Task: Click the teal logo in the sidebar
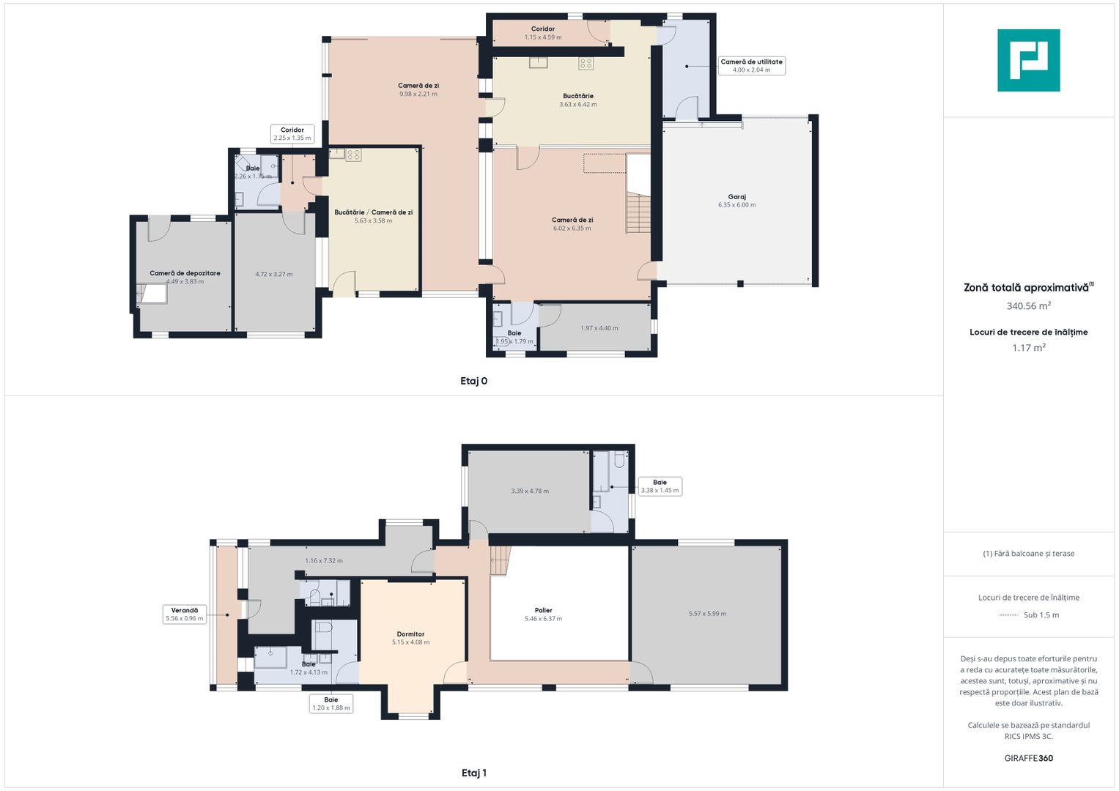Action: tap(1028, 60)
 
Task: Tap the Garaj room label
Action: tap(737, 197)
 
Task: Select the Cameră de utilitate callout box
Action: tap(751, 65)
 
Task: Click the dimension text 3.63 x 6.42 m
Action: tap(578, 104)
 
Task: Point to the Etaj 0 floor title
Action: tap(473, 381)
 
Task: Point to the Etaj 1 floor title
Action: tap(473, 773)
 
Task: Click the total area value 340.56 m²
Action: tap(1029, 305)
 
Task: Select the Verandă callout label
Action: tap(185, 614)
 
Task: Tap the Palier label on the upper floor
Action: tap(544, 610)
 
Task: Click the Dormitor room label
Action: tap(410, 634)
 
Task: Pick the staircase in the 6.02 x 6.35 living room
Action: tap(638, 212)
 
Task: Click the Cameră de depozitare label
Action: tap(185, 273)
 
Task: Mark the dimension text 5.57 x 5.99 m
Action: tap(707, 614)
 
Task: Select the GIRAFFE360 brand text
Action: tap(1029, 758)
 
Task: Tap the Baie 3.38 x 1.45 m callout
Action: tap(660, 486)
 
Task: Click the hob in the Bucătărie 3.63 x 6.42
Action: tap(586, 64)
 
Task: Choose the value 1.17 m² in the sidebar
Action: tap(1029, 348)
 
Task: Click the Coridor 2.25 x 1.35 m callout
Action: tap(292, 134)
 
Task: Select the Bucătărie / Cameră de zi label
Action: tap(373, 212)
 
